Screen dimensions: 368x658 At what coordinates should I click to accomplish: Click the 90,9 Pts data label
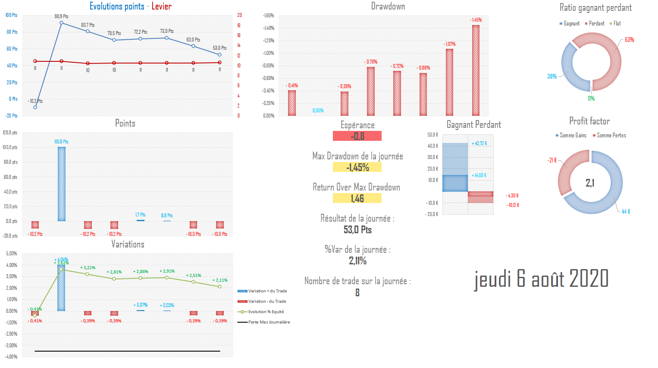[61, 16]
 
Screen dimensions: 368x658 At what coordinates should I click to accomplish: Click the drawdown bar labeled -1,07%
[449, 82]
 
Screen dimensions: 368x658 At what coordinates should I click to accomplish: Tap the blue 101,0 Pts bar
[62, 184]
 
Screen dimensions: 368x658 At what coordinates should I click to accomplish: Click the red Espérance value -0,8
[357, 136]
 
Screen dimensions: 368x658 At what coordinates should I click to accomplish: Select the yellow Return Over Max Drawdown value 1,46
[357, 198]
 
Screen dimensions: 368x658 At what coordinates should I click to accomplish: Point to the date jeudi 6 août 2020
[541, 279]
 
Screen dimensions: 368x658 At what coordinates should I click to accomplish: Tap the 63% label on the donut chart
[629, 40]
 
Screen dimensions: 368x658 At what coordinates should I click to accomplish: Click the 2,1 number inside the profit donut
[590, 183]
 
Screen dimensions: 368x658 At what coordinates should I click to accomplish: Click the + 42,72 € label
[479, 143]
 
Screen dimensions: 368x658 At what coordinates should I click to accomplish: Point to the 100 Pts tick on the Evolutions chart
[12, 15]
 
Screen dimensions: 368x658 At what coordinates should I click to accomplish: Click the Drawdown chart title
[388, 6]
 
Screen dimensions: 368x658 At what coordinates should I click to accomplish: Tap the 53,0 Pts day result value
[357, 230]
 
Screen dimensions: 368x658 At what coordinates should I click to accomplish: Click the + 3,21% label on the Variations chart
[88, 268]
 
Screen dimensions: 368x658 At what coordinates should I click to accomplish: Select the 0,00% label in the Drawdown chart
[318, 111]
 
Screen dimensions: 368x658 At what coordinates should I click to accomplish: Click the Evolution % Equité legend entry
[266, 312]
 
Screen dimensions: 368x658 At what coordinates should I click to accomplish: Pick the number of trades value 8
[357, 292]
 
